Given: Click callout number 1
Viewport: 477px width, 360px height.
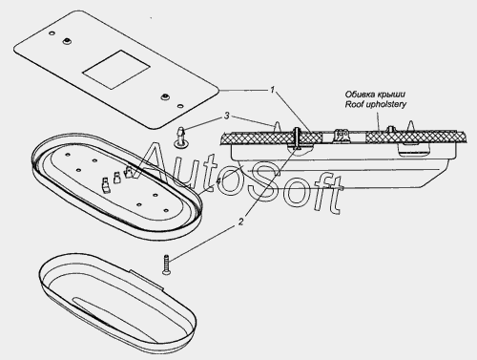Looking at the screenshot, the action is point(272,90).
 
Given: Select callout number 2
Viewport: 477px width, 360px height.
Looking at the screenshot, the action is point(241,222).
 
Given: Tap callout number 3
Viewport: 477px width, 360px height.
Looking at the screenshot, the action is point(226,116).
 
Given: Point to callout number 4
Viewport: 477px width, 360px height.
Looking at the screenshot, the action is point(218,180).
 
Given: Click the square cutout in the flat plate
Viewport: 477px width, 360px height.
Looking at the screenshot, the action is point(116,70).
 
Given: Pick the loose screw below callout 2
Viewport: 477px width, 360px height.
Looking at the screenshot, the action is point(166,265).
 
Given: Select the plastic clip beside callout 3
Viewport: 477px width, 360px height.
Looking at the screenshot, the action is point(181,138).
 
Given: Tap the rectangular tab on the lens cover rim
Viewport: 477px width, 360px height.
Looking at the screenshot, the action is point(147,280).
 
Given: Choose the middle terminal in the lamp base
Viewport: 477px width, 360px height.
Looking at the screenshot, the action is point(116,178).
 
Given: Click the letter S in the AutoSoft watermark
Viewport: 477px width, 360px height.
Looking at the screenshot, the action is point(263,181).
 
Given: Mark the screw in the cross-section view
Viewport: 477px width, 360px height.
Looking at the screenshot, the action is point(297,139).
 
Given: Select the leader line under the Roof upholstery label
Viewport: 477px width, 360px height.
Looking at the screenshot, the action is point(378,120).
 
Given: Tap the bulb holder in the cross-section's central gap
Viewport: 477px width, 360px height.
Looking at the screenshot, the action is point(342,136).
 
